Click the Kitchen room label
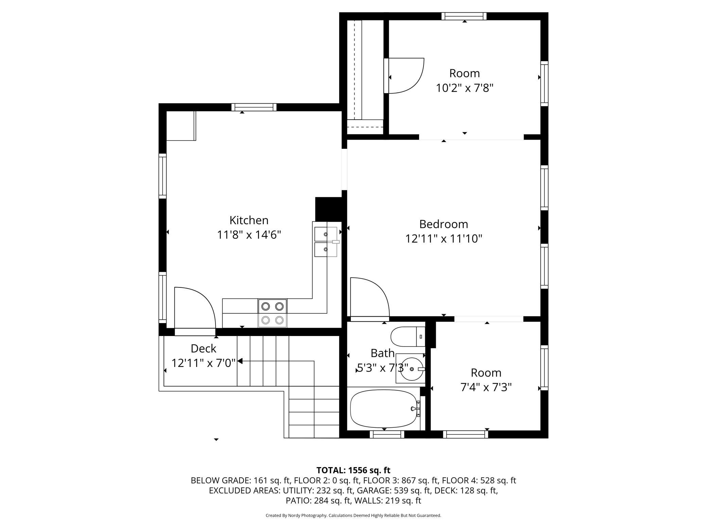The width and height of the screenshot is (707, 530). coord(249,220)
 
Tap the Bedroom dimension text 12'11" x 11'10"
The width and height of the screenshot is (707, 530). coord(444,239)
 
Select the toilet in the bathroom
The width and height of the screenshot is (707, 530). coord(408,336)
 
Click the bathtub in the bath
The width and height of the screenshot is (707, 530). coord(385,408)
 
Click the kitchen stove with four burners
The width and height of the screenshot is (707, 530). coord(272,313)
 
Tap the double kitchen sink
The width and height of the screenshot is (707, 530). coord(326,242)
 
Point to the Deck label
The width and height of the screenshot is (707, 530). coord(203,348)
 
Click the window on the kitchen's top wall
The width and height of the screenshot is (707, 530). coord(254,107)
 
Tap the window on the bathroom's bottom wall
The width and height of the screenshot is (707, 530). coord(387,434)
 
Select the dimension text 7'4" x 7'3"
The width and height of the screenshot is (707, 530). coord(486,387)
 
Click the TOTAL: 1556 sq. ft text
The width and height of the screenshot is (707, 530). coord(353,470)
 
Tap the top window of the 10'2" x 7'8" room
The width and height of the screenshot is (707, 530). coord(464,16)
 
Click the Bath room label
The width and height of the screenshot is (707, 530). coord(382,353)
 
